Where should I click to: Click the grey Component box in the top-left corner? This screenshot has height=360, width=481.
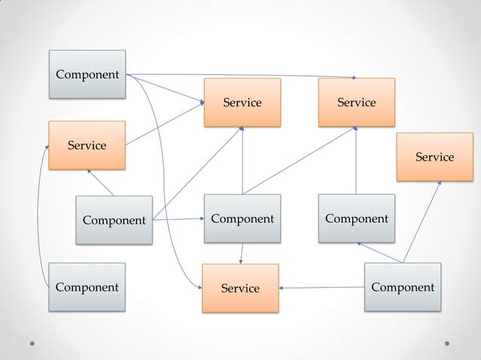[87, 75]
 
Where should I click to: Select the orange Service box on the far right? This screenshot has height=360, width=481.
[434, 157]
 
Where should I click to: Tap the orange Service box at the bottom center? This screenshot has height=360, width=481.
[240, 288]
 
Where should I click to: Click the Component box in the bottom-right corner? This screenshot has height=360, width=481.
[402, 287]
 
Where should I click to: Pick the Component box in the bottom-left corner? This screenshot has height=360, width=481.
[87, 287]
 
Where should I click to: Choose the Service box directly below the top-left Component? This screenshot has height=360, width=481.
[87, 145]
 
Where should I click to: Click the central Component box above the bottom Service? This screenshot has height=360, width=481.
[242, 219]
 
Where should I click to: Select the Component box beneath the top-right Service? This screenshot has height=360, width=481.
[356, 218]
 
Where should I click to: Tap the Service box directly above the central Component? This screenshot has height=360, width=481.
[242, 102]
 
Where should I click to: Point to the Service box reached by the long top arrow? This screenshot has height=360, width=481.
[357, 102]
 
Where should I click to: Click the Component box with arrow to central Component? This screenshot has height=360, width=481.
[113, 220]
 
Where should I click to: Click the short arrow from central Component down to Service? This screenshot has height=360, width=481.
[241, 254]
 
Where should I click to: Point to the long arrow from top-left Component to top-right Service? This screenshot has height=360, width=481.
[241, 75]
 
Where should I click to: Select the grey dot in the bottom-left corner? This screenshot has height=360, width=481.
[34, 343]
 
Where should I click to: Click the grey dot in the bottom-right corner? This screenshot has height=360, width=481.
[447, 343]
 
